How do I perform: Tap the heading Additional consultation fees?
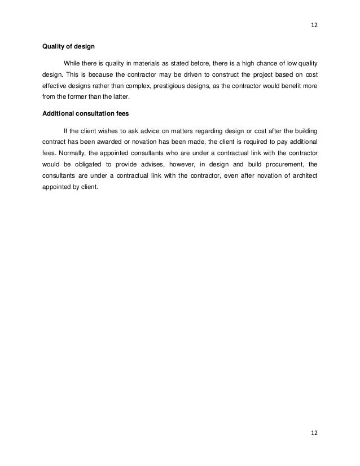tap(86, 113)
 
